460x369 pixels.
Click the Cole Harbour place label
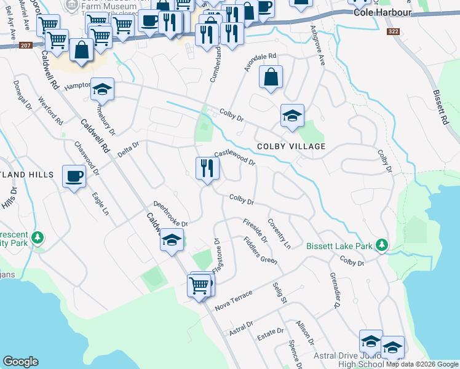click(x=378, y=12)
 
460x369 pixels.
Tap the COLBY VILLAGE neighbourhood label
click(x=291, y=146)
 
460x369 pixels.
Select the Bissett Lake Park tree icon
click(x=382, y=245)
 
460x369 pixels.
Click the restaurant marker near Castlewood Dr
click(x=207, y=168)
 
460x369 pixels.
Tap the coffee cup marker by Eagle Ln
click(x=74, y=177)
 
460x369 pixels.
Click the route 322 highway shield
click(x=395, y=31)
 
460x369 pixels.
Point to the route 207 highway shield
click(x=25, y=46)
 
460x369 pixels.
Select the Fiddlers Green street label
click(x=260, y=251)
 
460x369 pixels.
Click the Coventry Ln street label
click(x=279, y=233)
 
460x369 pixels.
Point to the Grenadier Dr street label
click(x=335, y=290)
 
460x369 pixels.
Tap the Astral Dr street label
click(x=241, y=328)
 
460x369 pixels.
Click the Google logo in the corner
click(x=20, y=362)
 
